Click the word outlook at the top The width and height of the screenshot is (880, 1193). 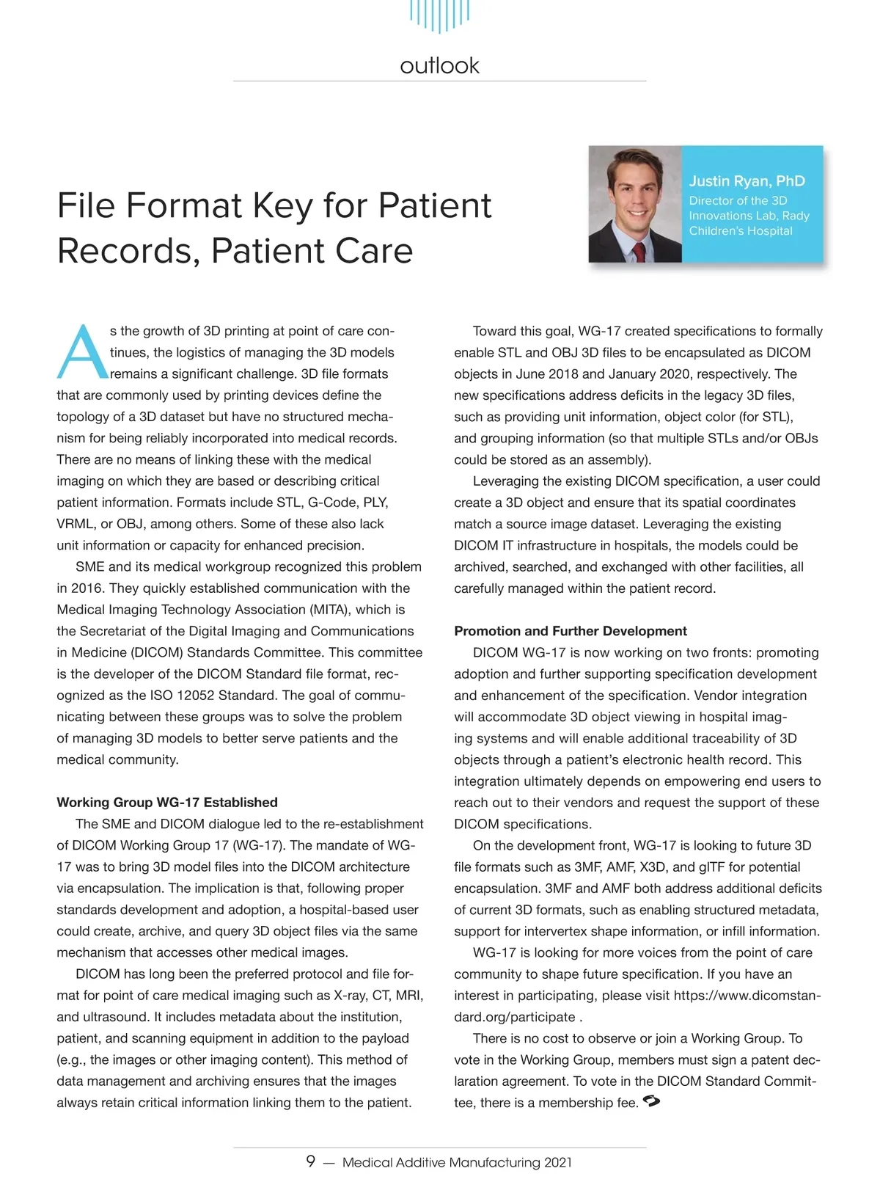tap(439, 66)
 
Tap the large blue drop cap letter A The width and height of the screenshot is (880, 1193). tap(81, 353)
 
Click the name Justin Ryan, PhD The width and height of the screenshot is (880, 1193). tap(747, 181)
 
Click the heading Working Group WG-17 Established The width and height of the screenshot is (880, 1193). tap(167, 802)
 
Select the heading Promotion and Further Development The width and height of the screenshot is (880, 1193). tap(571, 631)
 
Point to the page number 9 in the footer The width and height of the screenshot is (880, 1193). tap(311, 1161)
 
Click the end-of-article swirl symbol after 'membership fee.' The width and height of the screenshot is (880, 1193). tap(651, 1101)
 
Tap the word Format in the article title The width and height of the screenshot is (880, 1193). tap(186, 206)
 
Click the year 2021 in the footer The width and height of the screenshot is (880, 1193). tap(558, 1162)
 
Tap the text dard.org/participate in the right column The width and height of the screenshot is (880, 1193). tap(515, 1017)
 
